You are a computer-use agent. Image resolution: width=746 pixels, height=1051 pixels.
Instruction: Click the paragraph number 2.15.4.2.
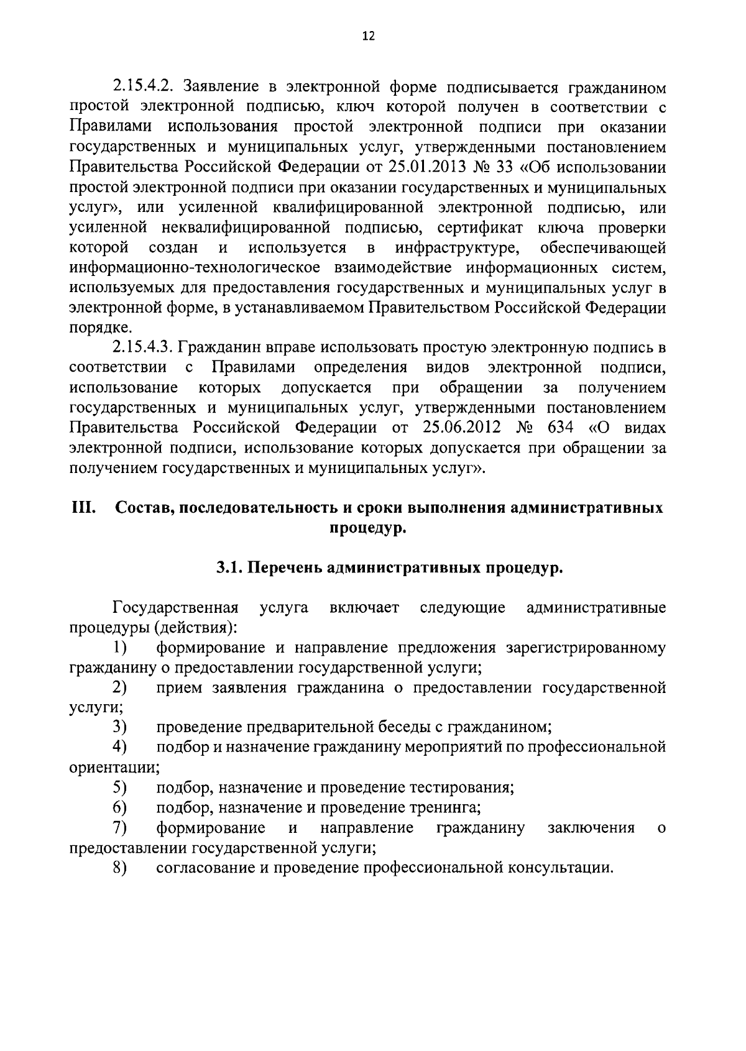tap(144, 88)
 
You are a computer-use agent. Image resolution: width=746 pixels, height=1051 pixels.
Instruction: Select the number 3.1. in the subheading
tap(229, 568)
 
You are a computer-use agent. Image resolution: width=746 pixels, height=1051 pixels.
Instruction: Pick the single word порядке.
tap(100, 328)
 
